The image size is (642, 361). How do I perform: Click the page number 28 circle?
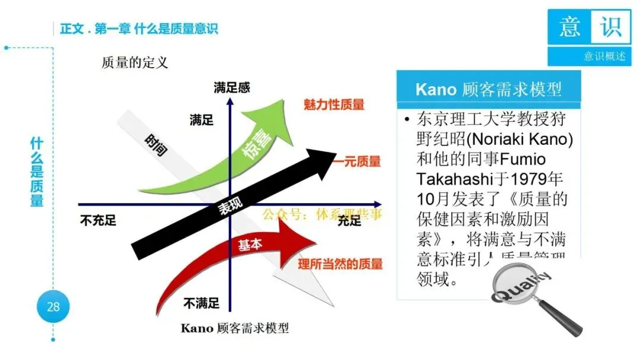click(53, 307)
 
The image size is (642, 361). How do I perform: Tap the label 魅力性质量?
click(334, 105)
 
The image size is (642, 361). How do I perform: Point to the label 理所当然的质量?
click(340, 264)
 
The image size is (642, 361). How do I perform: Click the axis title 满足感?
click(232, 88)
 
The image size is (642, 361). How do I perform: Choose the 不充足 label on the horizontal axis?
click(97, 221)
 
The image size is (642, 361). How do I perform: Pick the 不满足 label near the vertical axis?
click(201, 304)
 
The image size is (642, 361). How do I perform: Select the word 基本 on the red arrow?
click(250, 245)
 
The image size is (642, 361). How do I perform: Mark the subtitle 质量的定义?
click(135, 62)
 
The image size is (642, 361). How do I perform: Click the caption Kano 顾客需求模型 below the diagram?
click(235, 328)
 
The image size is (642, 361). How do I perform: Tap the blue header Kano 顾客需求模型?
click(488, 90)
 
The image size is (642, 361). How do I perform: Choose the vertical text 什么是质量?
click(37, 172)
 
